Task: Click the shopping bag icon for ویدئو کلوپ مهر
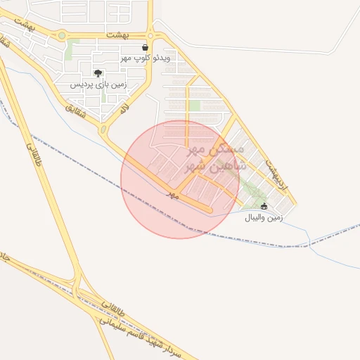(145, 48)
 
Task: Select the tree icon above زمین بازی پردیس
(98, 73)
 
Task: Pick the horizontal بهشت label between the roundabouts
(118, 34)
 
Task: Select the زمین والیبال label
(264, 218)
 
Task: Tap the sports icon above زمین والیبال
(264, 207)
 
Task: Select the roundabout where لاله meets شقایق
(103, 130)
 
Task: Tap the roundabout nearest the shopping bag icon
(150, 34)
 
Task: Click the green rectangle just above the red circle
(193, 106)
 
